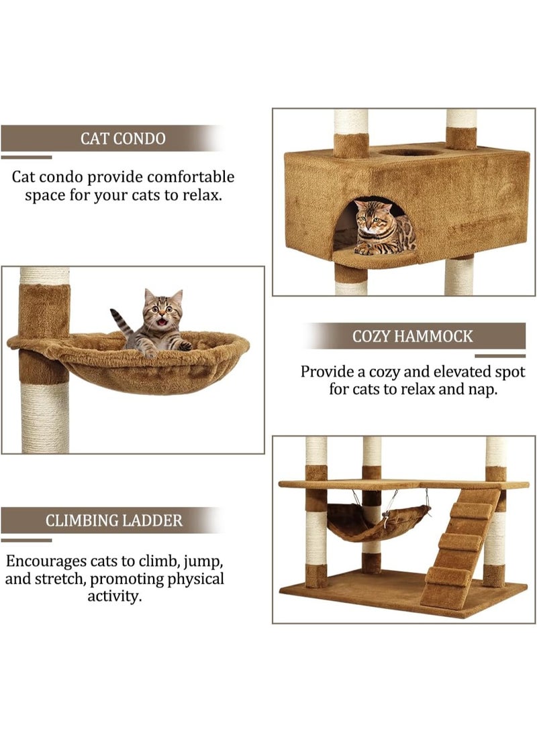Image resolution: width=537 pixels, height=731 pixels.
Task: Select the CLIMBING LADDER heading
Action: [114, 520]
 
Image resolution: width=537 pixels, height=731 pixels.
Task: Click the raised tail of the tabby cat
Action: [121, 322]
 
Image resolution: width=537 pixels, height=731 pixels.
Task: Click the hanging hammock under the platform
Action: [376, 522]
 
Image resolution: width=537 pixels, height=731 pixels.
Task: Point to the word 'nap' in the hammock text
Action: [481, 390]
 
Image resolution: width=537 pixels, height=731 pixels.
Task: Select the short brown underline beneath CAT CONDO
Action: [26, 157]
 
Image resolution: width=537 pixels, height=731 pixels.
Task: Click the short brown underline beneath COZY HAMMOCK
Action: [500, 355]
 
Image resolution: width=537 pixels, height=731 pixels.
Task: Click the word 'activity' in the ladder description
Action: [114, 596]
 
